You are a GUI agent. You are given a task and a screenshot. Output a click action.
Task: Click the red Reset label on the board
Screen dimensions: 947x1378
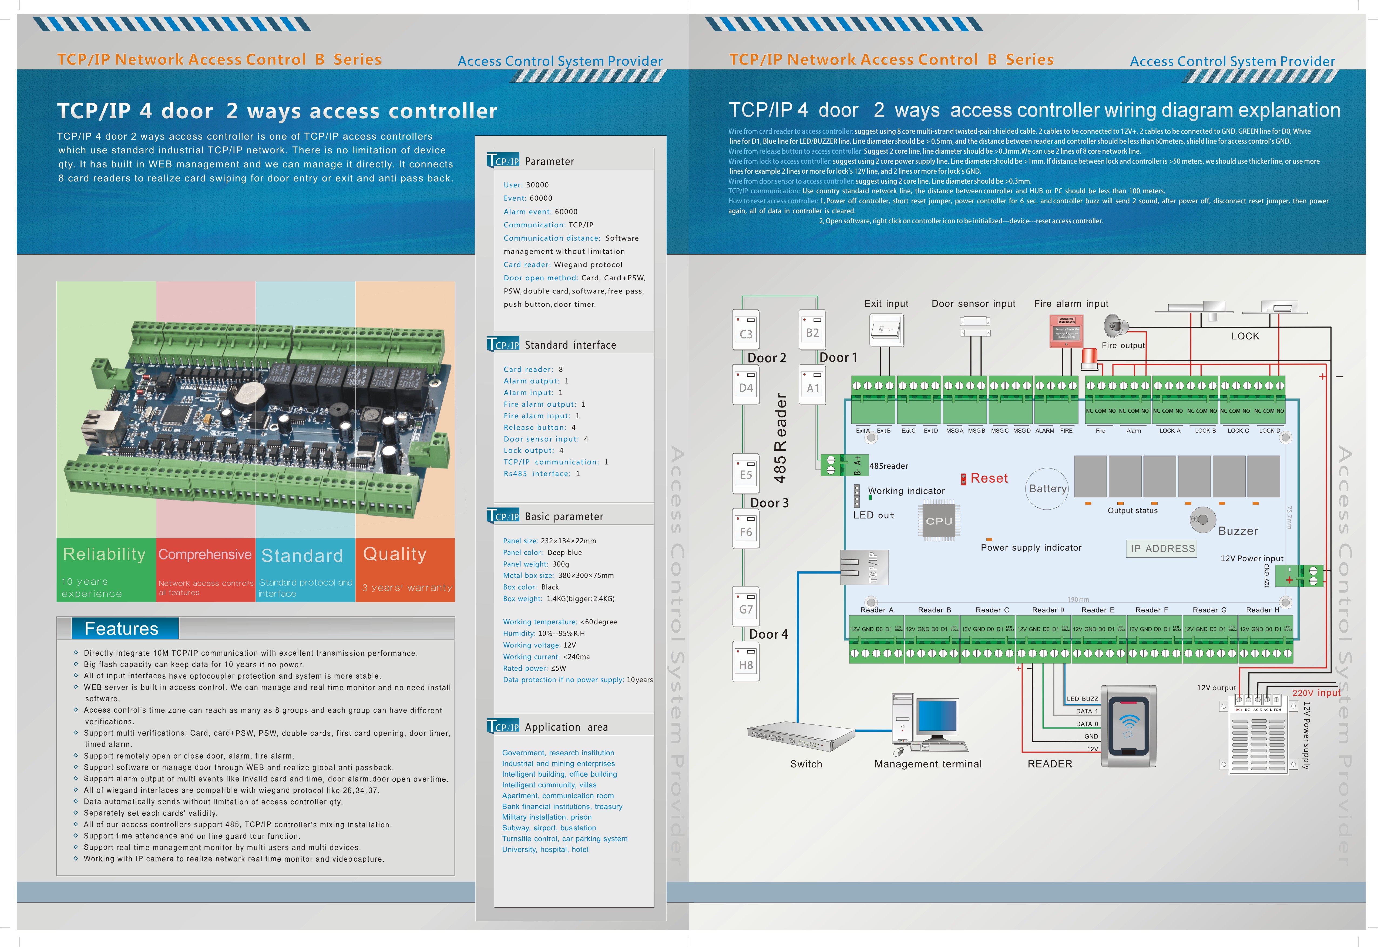[x=989, y=478]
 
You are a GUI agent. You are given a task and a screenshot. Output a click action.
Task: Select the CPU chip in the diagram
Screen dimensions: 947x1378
[x=939, y=521]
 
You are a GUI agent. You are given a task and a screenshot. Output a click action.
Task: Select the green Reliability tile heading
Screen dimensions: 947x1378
[x=105, y=554]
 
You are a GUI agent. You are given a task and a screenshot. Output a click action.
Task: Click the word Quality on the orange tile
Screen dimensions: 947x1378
[x=395, y=554]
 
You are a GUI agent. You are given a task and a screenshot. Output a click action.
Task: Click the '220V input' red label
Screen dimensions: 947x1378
[x=1316, y=692]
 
